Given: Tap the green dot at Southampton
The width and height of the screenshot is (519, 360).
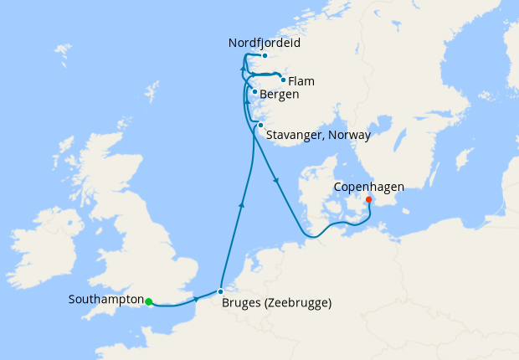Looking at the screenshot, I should point(148,301).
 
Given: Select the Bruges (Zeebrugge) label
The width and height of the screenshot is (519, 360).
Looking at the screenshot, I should point(277,303).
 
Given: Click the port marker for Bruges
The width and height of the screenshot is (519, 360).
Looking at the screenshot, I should point(220,292).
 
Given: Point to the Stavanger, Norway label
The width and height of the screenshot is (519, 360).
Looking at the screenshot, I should point(319,134).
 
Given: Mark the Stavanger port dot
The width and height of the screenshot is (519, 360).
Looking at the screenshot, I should point(260,126).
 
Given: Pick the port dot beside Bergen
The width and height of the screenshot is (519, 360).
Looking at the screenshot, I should point(254,92).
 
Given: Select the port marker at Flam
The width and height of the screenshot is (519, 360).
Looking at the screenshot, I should point(284,81).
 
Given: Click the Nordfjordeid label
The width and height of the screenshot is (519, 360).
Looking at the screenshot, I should point(264,42).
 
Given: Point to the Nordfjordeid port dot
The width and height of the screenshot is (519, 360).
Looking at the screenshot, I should point(264,56).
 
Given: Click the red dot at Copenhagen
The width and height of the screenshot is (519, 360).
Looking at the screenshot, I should point(368,199).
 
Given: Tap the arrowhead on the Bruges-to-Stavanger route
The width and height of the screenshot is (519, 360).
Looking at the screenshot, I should point(241,203).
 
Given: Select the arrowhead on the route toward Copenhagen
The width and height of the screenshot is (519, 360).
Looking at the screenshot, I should point(275,179).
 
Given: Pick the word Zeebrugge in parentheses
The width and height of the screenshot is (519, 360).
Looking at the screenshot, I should point(299,303).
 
